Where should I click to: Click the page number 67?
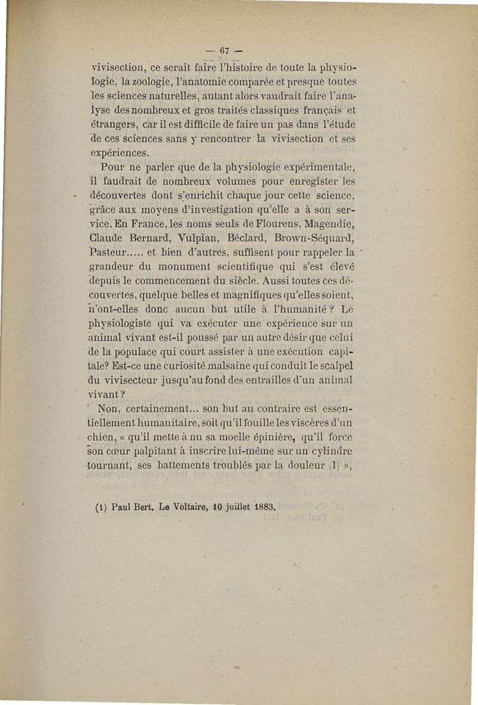[x=225, y=50]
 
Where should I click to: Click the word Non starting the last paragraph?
[x=110, y=409]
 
